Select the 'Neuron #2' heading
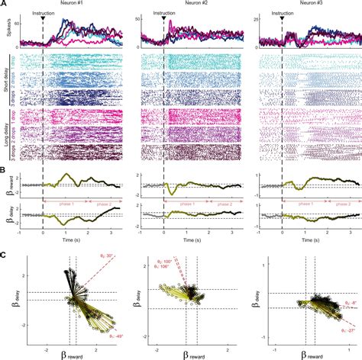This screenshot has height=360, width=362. pos(195,4)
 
